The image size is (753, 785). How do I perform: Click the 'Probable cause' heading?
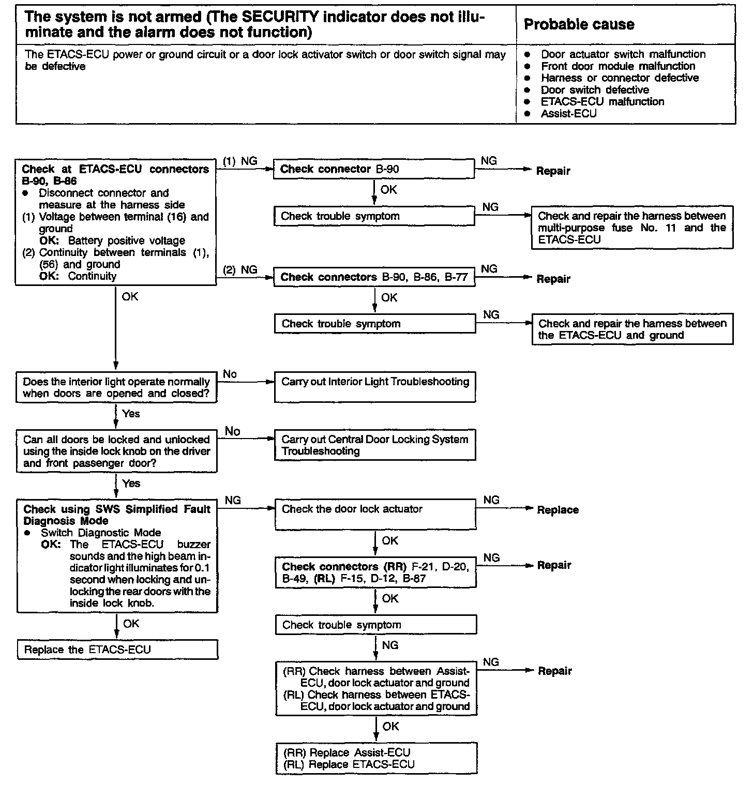click(579, 24)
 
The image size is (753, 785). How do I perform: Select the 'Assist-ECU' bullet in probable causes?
click(568, 113)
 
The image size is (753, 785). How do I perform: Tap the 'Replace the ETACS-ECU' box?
click(117, 650)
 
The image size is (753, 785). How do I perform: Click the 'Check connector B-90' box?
click(373, 169)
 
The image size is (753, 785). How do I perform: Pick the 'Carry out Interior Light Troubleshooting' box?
click(374, 387)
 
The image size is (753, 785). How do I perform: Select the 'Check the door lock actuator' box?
click(375, 514)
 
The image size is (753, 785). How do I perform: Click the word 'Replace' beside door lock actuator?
click(558, 510)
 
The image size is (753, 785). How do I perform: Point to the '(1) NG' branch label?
click(240, 161)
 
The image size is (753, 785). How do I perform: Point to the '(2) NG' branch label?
click(240, 270)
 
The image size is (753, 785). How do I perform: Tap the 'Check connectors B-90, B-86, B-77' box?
click(374, 277)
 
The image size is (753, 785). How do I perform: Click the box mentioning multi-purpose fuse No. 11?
click(632, 228)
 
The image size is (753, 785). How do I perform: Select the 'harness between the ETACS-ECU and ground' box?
click(632, 329)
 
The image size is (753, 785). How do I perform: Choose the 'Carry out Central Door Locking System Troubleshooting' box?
click(374, 445)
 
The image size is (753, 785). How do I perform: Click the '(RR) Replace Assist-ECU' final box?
click(376, 758)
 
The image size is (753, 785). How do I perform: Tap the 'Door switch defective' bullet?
click(595, 89)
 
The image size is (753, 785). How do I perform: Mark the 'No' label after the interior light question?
click(230, 374)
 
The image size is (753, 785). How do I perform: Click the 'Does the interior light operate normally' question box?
click(116, 387)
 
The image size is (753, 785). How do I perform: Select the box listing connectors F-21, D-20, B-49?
click(375, 572)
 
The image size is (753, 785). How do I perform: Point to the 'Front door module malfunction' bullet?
click(618, 66)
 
